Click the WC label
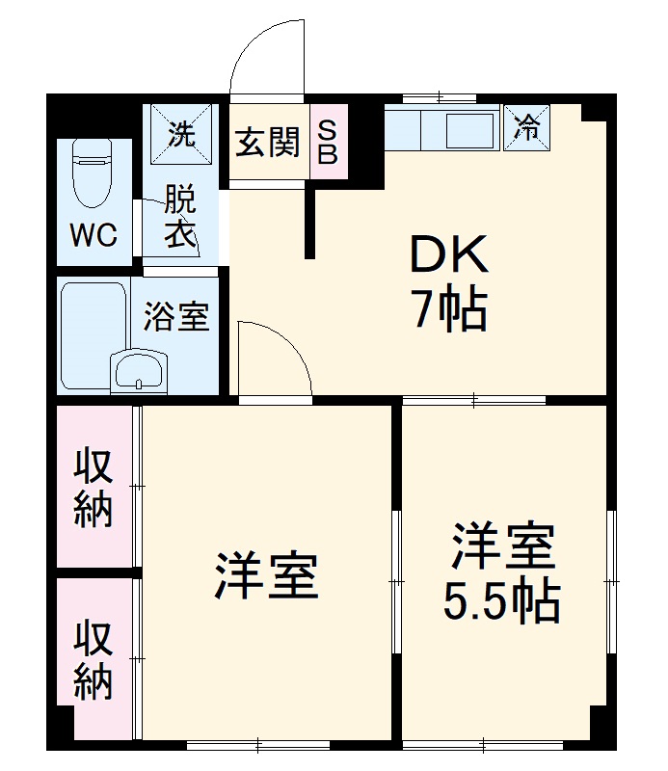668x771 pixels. tap(93, 235)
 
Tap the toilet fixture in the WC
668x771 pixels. tap(93, 173)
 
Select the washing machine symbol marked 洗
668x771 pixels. tap(180, 132)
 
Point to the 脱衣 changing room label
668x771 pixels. tap(179, 218)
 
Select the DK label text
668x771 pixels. tap(450, 256)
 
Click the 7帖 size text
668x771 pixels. tap(450, 310)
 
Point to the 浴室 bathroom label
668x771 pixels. tap(176, 317)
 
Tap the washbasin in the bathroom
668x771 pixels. tap(140, 369)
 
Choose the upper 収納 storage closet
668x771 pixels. tap(94, 487)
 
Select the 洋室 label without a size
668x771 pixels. tap(266, 575)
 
